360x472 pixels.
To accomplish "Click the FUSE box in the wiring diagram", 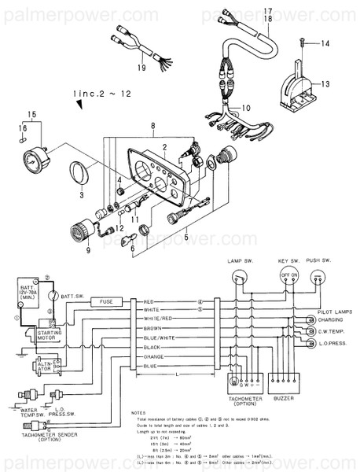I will pyautogui.click(x=105, y=301).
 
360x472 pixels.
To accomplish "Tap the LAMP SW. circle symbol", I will pyautogui.click(x=237, y=276).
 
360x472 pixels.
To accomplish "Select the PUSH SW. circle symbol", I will pyautogui.click(x=318, y=276).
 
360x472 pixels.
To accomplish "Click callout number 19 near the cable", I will pyautogui.click(x=141, y=68).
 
